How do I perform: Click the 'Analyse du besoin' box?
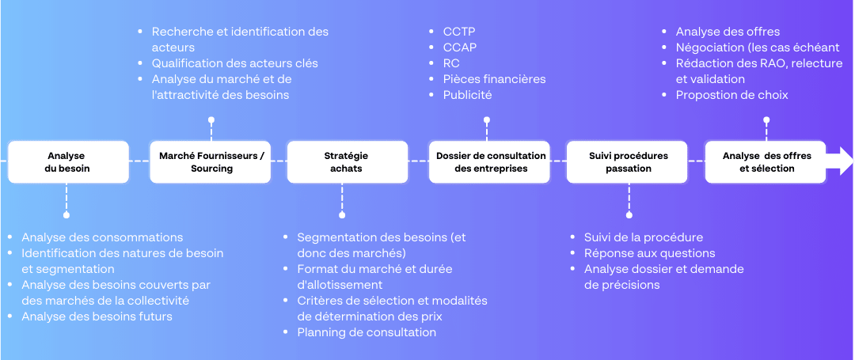tap(68, 161)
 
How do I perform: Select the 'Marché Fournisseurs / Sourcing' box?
tap(211, 161)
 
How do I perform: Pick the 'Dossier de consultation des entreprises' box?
tap(491, 161)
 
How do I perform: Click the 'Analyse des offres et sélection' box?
tap(766, 161)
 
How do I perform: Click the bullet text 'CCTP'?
tap(459, 32)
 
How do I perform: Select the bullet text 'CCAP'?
tap(460, 47)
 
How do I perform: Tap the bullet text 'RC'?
tap(451, 63)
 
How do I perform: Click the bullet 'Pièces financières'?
tap(494, 79)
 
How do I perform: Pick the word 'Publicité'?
tap(467, 95)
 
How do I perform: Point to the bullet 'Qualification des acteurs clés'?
tap(234, 63)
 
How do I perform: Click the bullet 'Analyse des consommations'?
tap(102, 237)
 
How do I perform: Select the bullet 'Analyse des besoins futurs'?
tap(97, 316)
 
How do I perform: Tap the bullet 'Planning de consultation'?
tap(367, 332)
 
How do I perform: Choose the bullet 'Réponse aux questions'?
tap(649, 253)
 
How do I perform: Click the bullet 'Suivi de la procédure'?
tap(644, 237)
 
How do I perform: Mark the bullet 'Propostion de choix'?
tap(731, 95)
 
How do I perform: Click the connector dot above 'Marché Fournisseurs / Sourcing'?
tap(211, 119)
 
